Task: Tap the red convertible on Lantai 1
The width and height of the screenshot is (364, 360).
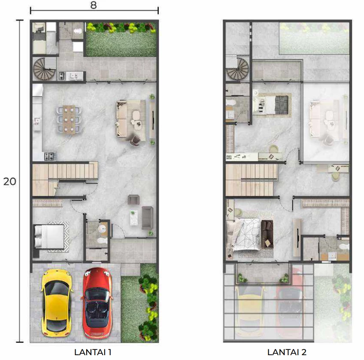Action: [x=97, y=303]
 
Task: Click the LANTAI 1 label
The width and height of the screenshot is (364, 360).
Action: [x=93, y=352]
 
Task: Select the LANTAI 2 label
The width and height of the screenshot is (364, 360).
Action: [x=287, y=352]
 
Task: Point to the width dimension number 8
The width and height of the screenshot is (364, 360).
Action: [x=94, y=5]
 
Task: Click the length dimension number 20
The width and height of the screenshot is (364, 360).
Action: [x=10, y=181]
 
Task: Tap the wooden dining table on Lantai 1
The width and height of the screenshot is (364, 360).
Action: [x=69, y=120]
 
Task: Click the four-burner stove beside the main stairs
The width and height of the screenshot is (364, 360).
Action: [x=51, y=156]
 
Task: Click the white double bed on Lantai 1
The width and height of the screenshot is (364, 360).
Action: [x=49, y=237]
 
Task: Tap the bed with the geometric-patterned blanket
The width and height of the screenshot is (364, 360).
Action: [x=243, y=234]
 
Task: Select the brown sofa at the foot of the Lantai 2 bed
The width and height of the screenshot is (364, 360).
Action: [x=267, y=234]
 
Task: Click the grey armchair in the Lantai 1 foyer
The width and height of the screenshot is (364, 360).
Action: [x=134, y=200]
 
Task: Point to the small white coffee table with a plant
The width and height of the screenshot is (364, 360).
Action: [x=134, y=218]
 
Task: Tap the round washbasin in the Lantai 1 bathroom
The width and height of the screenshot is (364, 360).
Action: [x=102, y=229]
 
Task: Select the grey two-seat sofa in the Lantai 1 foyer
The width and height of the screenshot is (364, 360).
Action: [x=147, y=218]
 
